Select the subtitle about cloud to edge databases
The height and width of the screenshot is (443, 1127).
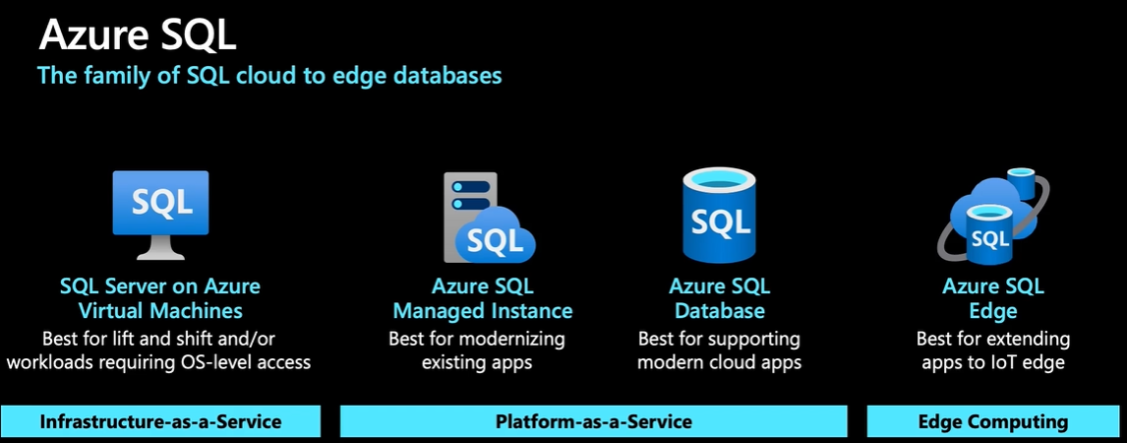pyautogui.click(x=268, y=75)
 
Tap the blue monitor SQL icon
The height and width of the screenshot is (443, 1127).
pyautogui.click(x=160, y=205)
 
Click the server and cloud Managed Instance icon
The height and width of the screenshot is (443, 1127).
pyautogui.click(x=482, y=219)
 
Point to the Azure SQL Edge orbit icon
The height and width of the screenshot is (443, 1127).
pyautogui.click(x=991, y=219)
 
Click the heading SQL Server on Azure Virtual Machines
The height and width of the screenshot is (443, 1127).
pyautogui.click(x=160, y=298)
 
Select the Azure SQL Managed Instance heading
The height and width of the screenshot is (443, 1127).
pyautogui.click(x=482, y=298)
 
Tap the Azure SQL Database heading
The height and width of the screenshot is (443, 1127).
pyautogui.click(x=720, y=298)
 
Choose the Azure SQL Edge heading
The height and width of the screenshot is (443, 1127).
pyautogui.click(x=992, y=298)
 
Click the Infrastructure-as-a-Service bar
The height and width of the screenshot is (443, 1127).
pyautogui.click(x=160, y=421)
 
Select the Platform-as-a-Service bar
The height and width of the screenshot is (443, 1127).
pyautogui.click(x=593, y=421)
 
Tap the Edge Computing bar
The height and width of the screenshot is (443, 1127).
pyautogui.click(x=992, y=421)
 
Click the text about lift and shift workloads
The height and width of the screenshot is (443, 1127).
pyautogui.click(x=160, y=350)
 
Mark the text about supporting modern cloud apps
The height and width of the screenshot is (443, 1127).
pyautogui.click(x=720, y=350)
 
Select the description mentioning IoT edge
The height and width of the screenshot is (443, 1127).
pyautogui.click(x=992, y=350)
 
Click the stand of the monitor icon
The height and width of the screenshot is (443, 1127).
pyautogui.click(x=160, y=249)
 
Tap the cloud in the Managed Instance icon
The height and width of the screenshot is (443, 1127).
pyautogui.click(x=500, y=237)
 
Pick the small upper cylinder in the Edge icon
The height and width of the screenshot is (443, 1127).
pyautogui.click(x=1019, y=182)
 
